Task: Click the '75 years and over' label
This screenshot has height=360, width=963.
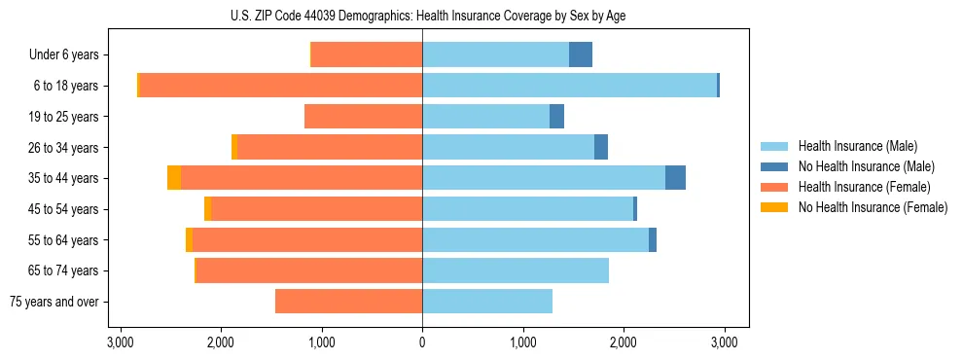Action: (x=54, y=302)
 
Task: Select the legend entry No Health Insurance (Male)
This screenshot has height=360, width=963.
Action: (x=866, y=166)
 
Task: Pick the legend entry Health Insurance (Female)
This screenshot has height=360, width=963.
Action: (x=864, y=187)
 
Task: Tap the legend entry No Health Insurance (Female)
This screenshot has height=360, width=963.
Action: (x=873, y=207)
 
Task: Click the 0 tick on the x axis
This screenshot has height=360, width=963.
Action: (x=422, y=342)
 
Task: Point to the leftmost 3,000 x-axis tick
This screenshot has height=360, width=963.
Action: (x=120, y=342)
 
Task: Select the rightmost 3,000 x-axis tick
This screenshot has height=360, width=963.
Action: (x=724, y=342)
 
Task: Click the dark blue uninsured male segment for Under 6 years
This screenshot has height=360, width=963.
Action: (x=581, y=55)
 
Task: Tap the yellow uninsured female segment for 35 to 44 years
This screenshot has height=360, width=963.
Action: (x=174, y=178)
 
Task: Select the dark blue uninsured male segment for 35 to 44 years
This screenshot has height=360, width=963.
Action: (x=675, y=178)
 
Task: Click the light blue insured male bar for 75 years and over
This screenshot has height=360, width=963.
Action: (x=487, y=302)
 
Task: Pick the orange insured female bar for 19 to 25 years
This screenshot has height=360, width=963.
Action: (x=363, y=117)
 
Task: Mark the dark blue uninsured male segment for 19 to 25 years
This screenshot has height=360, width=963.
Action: (x=556, y=117)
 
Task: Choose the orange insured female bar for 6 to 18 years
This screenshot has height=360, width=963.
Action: (x=281, y=86)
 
